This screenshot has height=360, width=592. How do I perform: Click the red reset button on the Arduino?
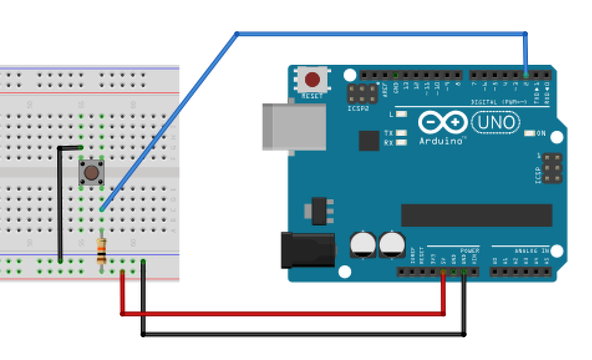coord(312,80)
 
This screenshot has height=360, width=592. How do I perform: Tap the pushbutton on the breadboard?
coord(92,173)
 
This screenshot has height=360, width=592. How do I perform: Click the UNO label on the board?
coord(496,122)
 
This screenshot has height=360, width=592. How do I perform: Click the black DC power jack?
coord(308,250)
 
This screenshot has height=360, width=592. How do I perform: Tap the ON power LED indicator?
coord(530,133)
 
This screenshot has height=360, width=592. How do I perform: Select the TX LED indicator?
coord(402,133)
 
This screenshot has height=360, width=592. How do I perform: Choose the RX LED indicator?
coord(402,142)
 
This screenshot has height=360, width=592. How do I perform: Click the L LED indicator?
coord(402,114)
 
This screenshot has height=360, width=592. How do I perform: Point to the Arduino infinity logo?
coord(443,122)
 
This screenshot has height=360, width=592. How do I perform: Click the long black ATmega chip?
coord(476,215)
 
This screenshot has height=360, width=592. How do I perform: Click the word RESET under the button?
coord(312,97)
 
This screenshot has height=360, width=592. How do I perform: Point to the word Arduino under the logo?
coord(442,141)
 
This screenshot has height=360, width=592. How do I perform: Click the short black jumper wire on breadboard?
coord(60,199)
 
